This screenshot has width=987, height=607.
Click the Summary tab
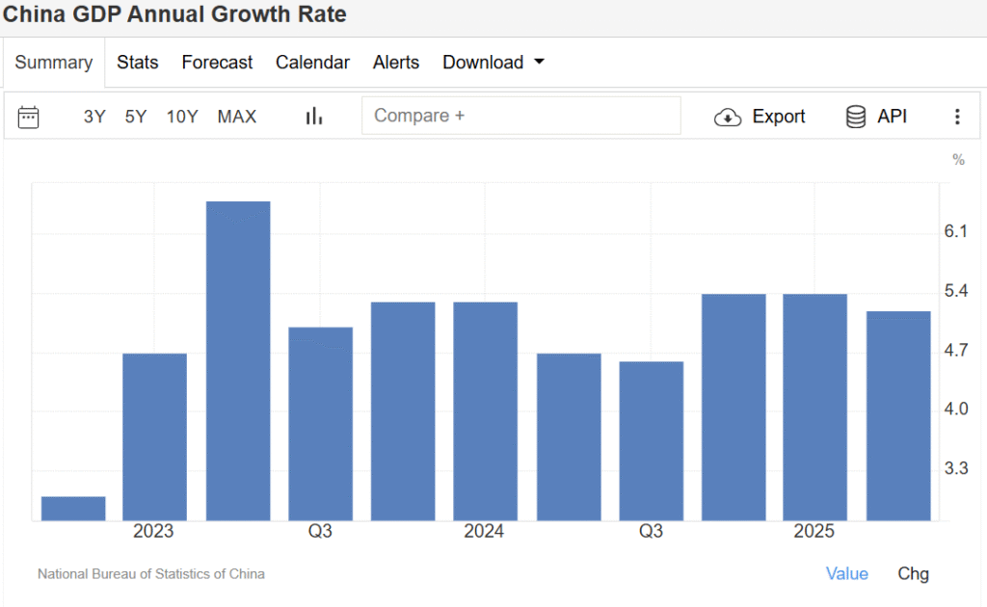[x=54, y=63]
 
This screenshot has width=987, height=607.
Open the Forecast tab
[x=217, y=63]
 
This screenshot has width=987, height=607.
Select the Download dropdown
[x=493, y=63]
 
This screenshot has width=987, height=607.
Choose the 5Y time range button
[x=136, y=117]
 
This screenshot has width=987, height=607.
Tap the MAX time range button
[x=237, y=117]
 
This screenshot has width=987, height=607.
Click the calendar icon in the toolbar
[x=29, y=117]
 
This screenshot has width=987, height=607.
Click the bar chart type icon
[x=314, y=117]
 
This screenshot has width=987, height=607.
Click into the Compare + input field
[x=520, y=116]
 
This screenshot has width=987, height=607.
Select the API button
[x=876, y=117]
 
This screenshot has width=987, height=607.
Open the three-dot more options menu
[x=957, y=117]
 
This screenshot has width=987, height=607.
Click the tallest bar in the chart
[x=238, y=361]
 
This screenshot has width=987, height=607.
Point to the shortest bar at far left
[x=73, y=509]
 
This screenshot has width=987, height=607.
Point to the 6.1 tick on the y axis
[x=955, y=231]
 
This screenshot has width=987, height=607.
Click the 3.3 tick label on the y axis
[x=955, y=468]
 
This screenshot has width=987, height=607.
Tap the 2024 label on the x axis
[x=484, y=532]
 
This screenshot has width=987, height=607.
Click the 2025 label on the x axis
[x=814, y=532]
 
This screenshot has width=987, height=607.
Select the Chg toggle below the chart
[x=913, y=573]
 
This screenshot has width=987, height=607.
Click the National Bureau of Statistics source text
[x=151, y=573]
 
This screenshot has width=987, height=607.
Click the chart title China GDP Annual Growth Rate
[x=174, y=14]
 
